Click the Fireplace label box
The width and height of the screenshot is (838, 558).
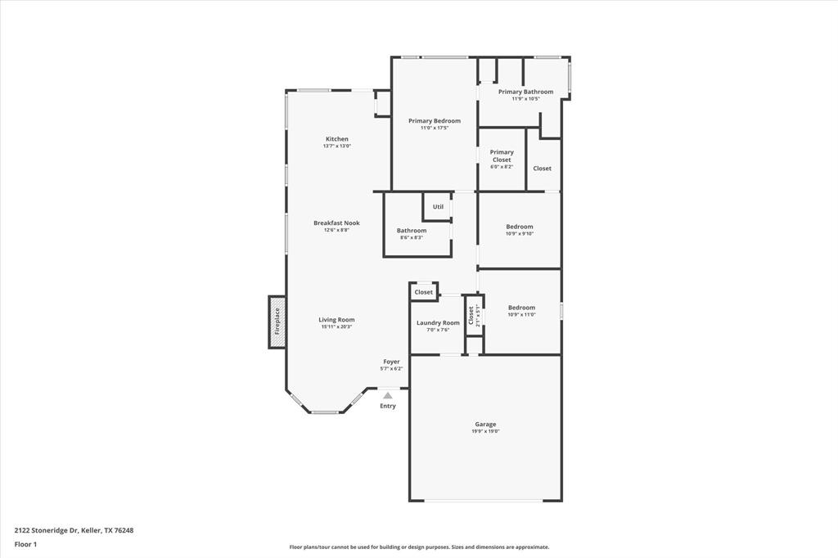277,322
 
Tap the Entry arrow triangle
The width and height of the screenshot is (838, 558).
388,396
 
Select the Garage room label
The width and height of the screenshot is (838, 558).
485,424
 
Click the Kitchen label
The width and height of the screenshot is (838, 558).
336,139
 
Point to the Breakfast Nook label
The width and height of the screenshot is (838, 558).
336,223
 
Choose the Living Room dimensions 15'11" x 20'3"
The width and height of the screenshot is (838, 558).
336,327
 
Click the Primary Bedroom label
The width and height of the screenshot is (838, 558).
435,121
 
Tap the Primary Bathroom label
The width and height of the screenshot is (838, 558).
525,92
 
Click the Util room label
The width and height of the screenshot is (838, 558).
438,206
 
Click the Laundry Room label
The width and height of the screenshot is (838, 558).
438,322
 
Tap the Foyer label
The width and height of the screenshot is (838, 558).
392,361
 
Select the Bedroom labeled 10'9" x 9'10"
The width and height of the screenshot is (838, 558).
520,227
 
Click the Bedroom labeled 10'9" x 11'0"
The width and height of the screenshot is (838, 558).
521,308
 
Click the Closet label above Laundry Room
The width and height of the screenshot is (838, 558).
423,292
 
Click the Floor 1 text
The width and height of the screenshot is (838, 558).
25,543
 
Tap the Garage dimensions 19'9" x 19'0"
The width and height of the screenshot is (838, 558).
485,431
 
